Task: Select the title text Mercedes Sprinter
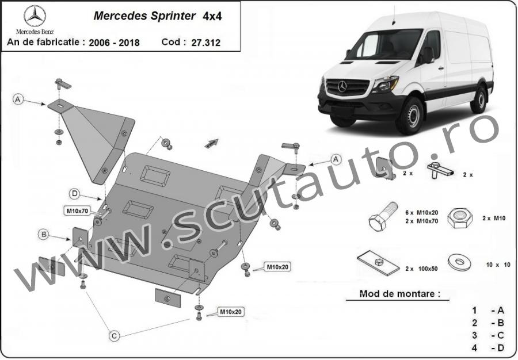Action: pyautogui.click(x=144, y=16)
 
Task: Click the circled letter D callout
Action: pyautogui.click(x=75, y=193)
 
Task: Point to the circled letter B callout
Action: pyautogui.click(x=43, y=234)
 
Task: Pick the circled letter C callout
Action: pyautogui.click(x=115, y=335)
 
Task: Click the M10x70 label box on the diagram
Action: pyautogui.click(x=77, y=212)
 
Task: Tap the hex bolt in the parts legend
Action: pyautogui.click(x=382, y=217)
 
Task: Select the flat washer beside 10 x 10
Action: pyautogui.click(x=460, y=263)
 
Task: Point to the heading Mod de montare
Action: pyautogui.click(x=396, y=293)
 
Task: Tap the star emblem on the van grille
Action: pyautogui.click(x=343, y=87)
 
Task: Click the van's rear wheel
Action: pyautogui.click(x=479, y=98)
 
